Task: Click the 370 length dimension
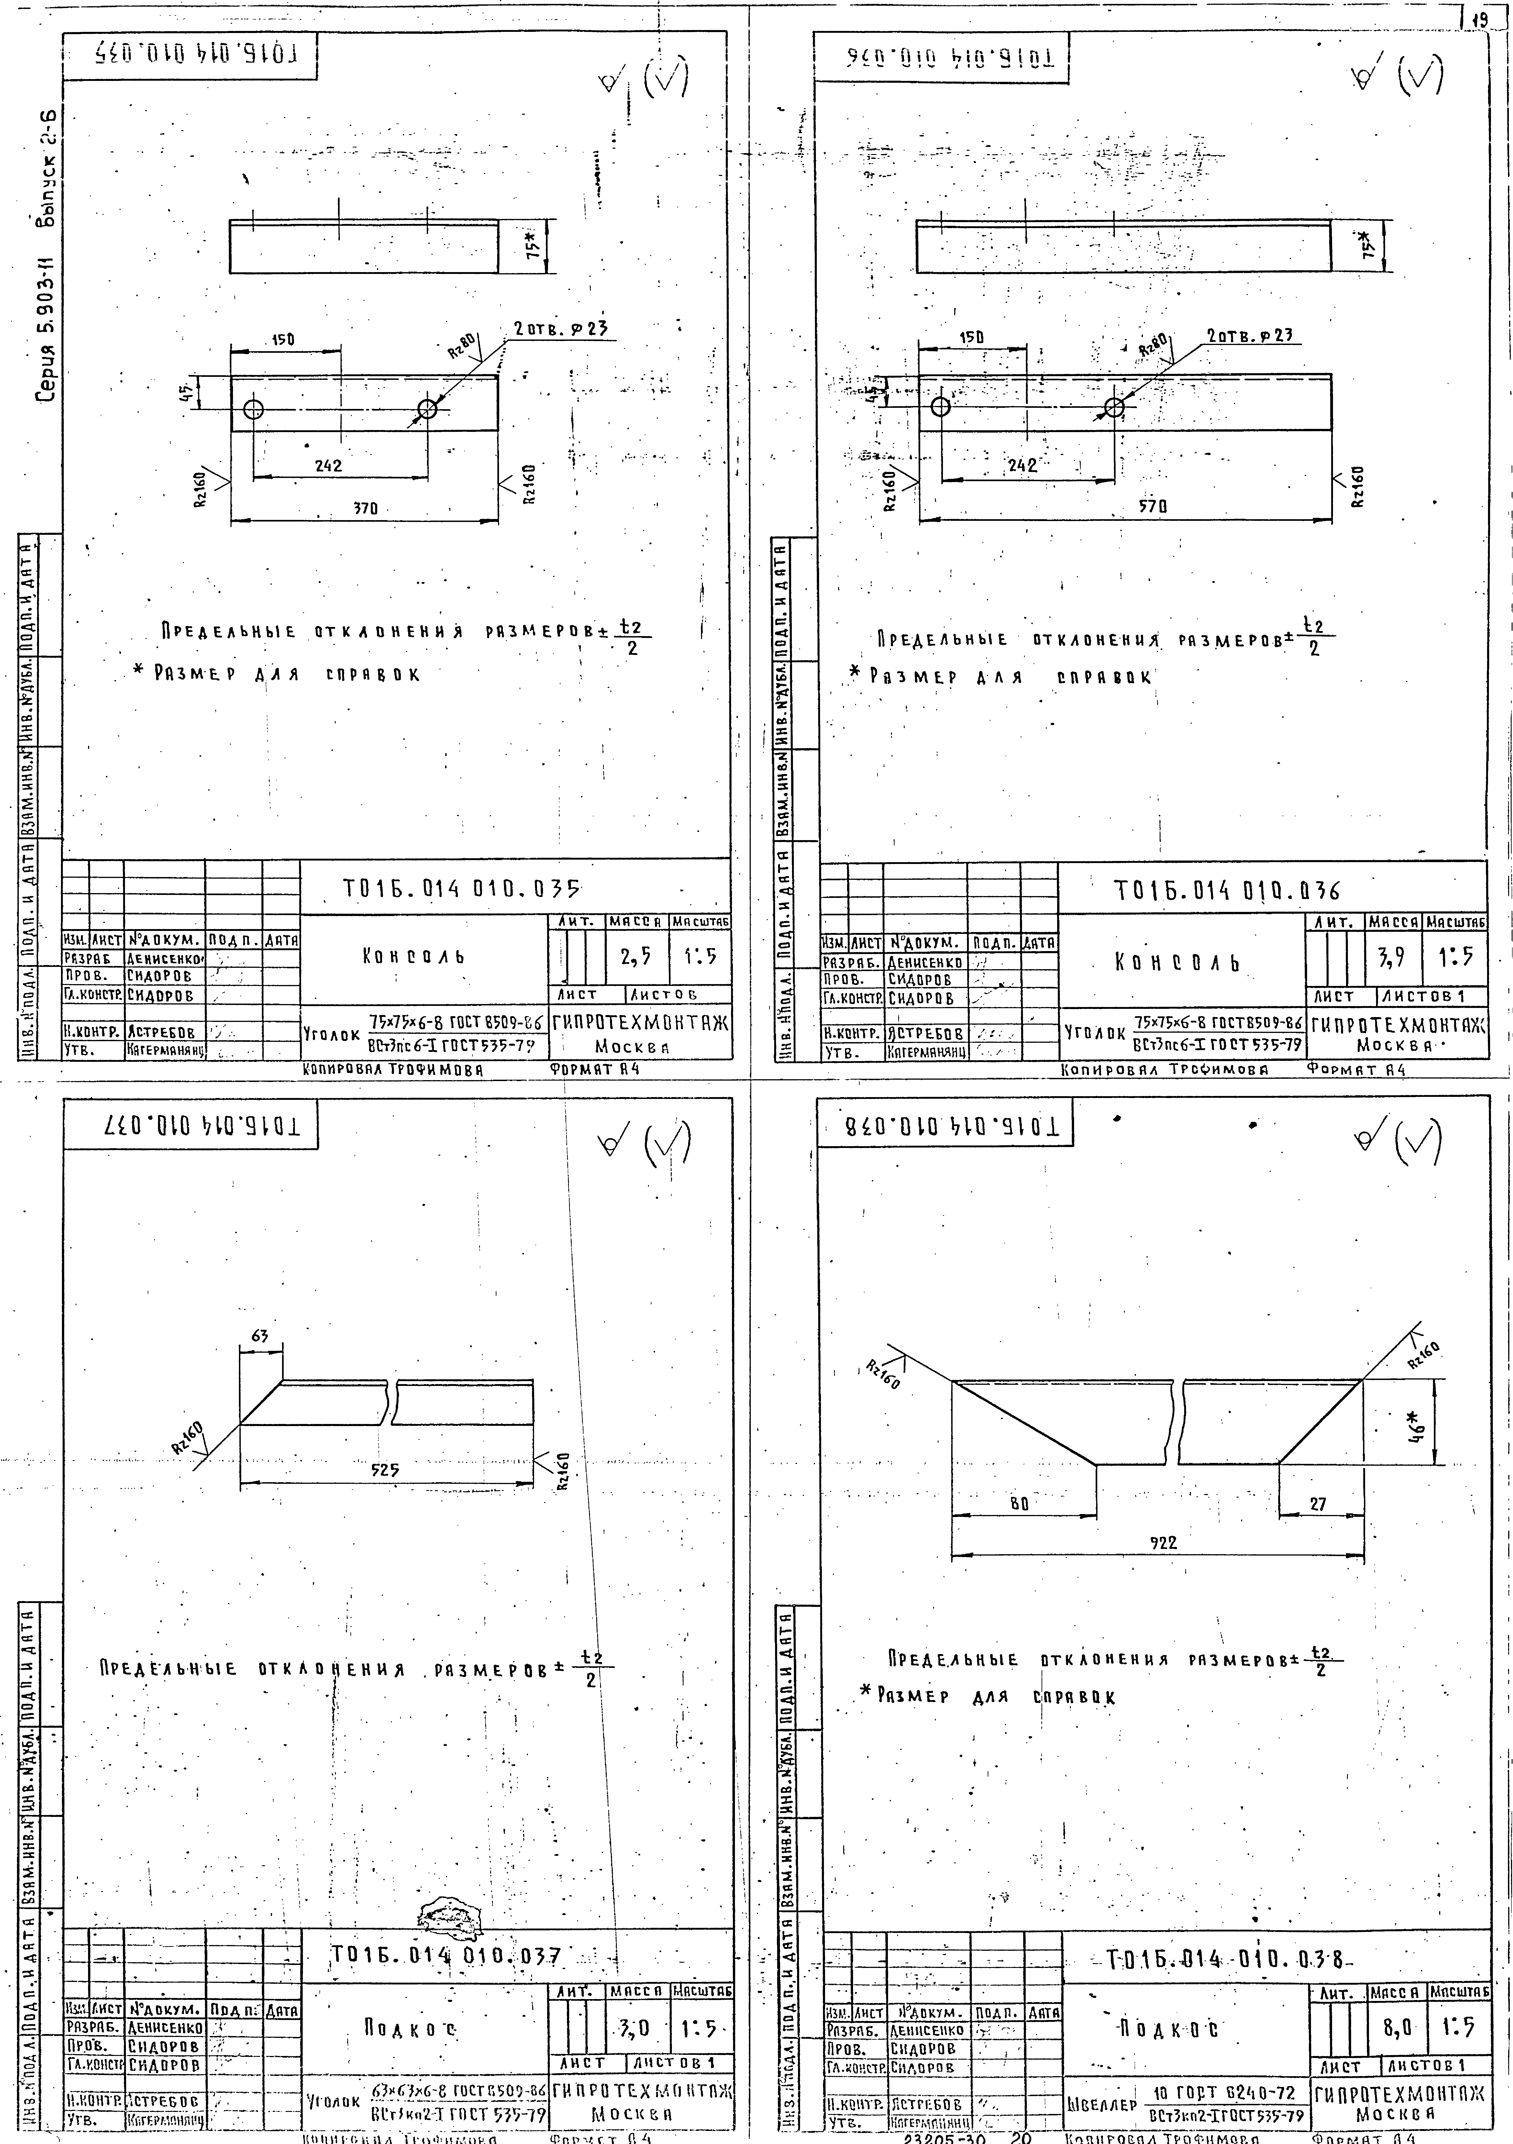pos(365,509)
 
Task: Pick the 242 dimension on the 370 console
pos(329,465)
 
